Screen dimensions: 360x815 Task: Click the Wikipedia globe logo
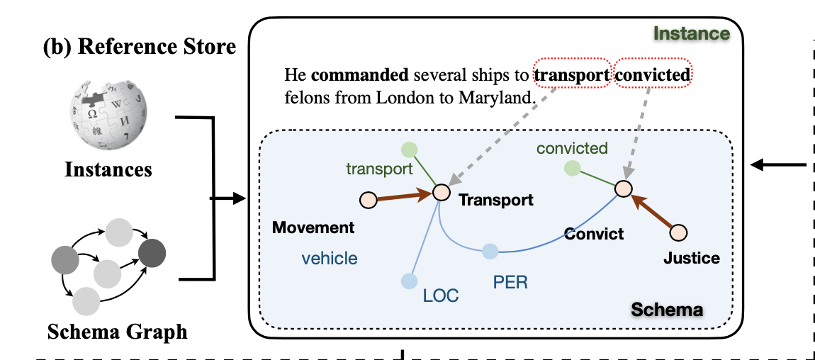coord(108,115)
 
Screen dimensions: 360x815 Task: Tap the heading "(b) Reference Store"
coord(139,47)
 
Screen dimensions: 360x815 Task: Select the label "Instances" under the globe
coord(108,170)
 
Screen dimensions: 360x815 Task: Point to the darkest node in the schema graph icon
coord(152,251)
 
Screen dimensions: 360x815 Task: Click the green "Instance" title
coord(690,33)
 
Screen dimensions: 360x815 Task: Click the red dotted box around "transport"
coord(572,75)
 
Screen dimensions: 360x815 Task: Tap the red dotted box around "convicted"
coord(651,75)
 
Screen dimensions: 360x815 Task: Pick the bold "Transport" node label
coord(496,201)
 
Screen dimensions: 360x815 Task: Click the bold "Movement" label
coord(313,227)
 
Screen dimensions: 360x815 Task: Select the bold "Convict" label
coord(594,233)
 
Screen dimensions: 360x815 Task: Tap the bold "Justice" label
coord(691,258)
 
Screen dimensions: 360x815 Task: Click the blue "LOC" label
coord(442,296)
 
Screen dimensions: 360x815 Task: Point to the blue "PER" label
coord(511,281)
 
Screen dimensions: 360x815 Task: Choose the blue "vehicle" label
coord(330,259)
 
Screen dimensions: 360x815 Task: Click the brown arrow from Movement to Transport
coord(405,196)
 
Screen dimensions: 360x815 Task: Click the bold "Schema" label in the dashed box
coord(666,310)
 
